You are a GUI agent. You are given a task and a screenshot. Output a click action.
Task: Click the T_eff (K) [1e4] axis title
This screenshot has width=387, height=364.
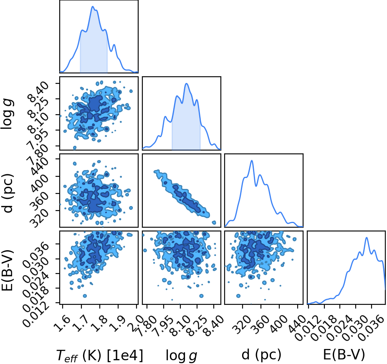pyautogui.click(x=100, y=355)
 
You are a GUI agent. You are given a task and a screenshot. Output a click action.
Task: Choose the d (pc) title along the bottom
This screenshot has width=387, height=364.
pyautogui.click(x=261, y=355)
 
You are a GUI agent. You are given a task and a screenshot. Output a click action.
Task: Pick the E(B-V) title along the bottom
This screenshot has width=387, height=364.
pyautogui.click(x=344, y=355)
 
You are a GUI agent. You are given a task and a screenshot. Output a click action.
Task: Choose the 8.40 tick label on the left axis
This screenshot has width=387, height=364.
pyautogui.click(x=37, y=92)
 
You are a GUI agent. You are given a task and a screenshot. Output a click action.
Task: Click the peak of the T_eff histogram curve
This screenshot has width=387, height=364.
pyautogui.click(x=93, y=6)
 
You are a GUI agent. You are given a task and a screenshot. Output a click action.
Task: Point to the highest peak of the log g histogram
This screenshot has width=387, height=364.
pyautogui.click(x=186, y=83)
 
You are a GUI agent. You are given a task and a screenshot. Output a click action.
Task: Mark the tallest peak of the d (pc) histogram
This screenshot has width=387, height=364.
pyautogui.click(x=252, y=161)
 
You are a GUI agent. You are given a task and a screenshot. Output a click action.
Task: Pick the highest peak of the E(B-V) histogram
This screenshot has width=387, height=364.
pyautogui.click(x=367, y=238)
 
